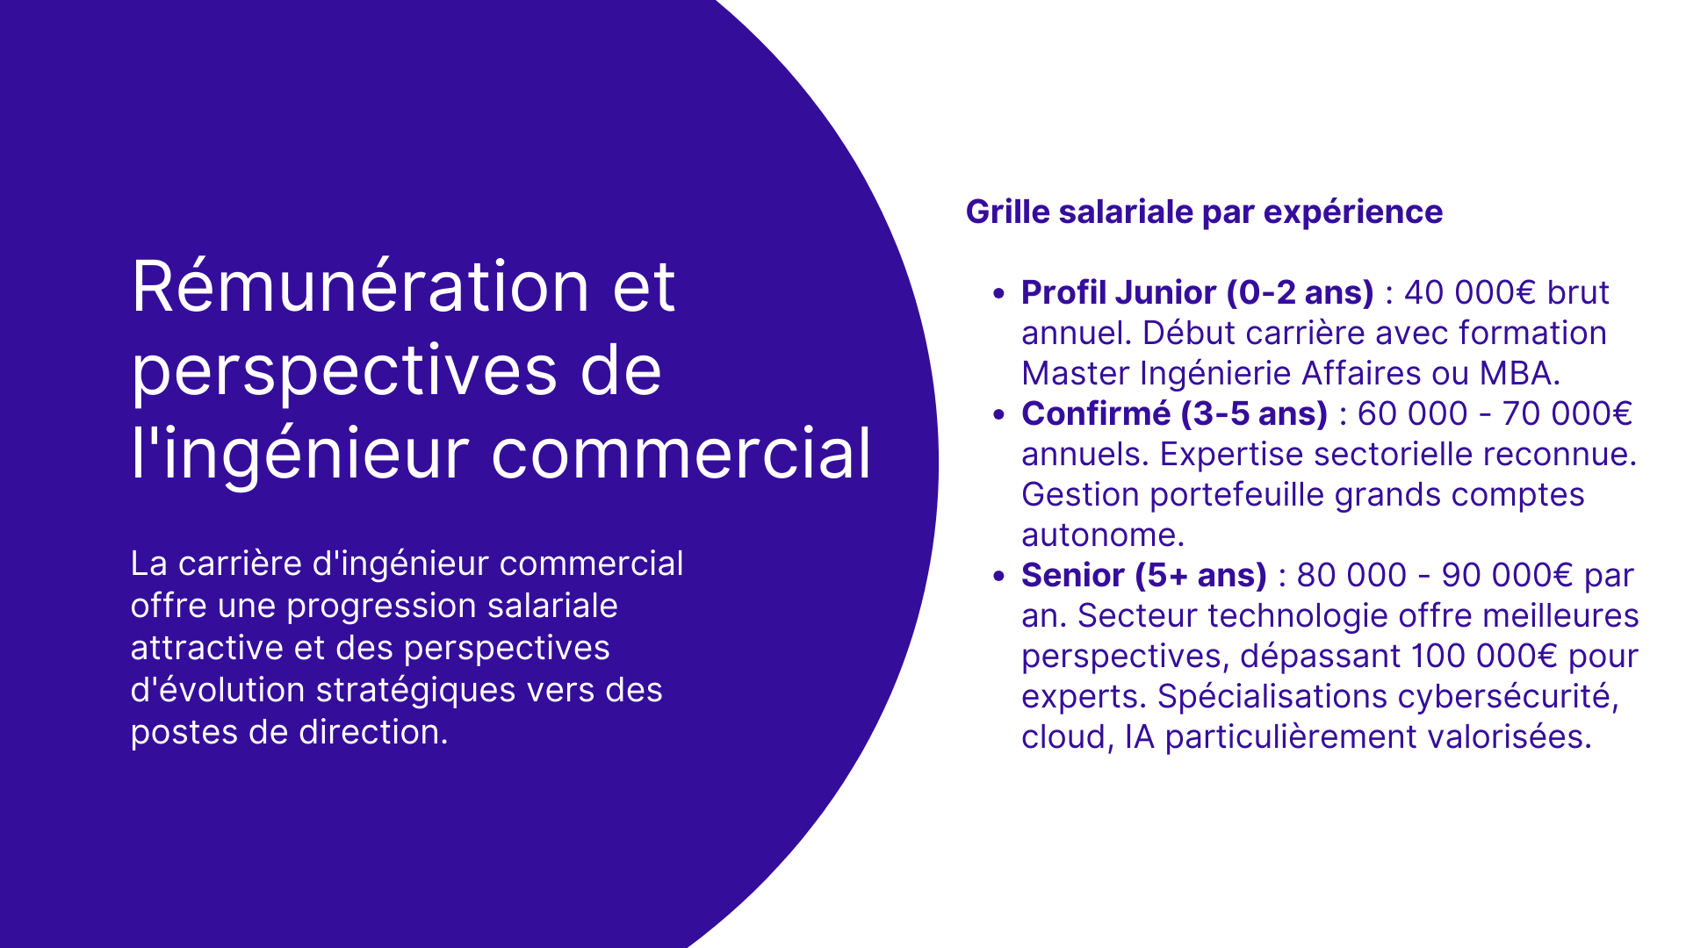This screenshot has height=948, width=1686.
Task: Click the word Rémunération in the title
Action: [x=360, y=287]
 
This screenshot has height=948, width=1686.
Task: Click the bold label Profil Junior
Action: [x=1118, y=292]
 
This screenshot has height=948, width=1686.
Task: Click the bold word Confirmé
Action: [x=1095, y=413]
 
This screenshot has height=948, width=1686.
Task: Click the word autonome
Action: [x=1102, y=535]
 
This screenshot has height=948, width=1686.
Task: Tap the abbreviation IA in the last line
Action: [x=1139, y=736]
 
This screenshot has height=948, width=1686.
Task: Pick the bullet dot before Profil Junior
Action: [x=998, y=293]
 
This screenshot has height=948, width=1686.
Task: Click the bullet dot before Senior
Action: [x=998, y=576]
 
